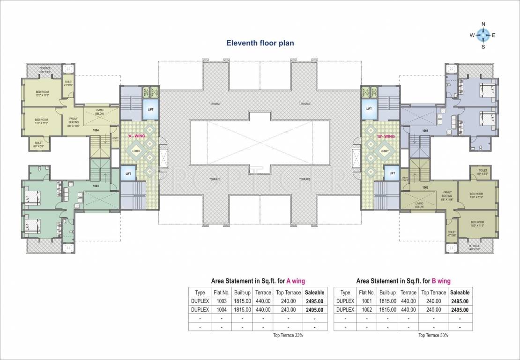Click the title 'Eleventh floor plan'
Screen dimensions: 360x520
coord(260,43)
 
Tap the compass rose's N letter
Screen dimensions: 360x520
coord(483,24)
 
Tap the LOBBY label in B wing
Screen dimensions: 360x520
coord(385,151)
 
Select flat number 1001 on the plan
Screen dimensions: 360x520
coord(425,131)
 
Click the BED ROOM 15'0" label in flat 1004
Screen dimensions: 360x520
coord(43,93)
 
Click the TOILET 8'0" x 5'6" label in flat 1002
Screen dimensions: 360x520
coord(483,172)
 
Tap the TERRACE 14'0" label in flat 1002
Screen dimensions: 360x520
coord(474,247)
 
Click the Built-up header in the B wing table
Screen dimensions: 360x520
coord(387,292)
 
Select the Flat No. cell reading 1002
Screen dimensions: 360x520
coord(366,310)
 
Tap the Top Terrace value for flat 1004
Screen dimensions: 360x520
coord(288,310)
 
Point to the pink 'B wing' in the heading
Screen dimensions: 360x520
coord(441,281)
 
